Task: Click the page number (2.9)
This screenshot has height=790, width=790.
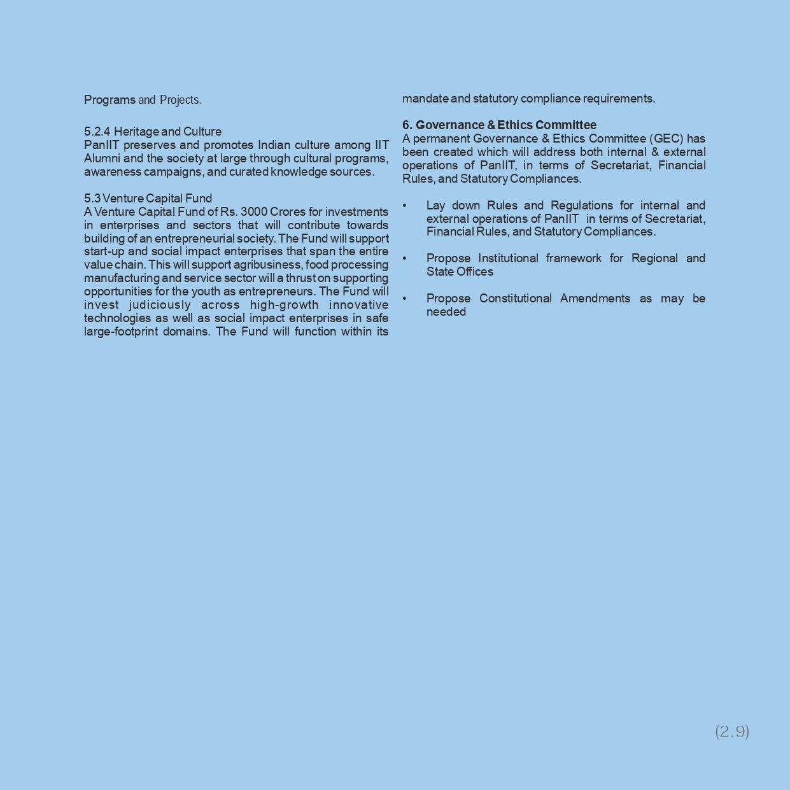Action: (732, 731)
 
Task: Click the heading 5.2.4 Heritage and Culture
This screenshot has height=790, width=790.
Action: (153, 132)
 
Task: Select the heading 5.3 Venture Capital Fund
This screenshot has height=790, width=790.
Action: (148, 199)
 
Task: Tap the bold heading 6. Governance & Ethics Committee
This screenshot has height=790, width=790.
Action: (499, 125)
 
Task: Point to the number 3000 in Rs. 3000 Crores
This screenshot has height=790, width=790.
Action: (253, 212)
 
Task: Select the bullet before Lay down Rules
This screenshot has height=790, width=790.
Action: (404, 206)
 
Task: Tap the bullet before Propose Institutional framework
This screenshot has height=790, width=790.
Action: (404, 258)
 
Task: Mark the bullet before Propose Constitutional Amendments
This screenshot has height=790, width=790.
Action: (404, 299)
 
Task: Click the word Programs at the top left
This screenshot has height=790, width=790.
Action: (109, 100)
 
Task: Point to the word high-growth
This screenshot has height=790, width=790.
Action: (284, 305)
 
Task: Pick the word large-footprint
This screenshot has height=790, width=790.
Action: (120, 332)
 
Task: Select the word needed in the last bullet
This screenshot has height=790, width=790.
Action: (446, 312)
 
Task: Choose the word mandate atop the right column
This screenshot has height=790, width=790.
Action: (425, 99)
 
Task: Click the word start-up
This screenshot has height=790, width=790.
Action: (104, 251)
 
